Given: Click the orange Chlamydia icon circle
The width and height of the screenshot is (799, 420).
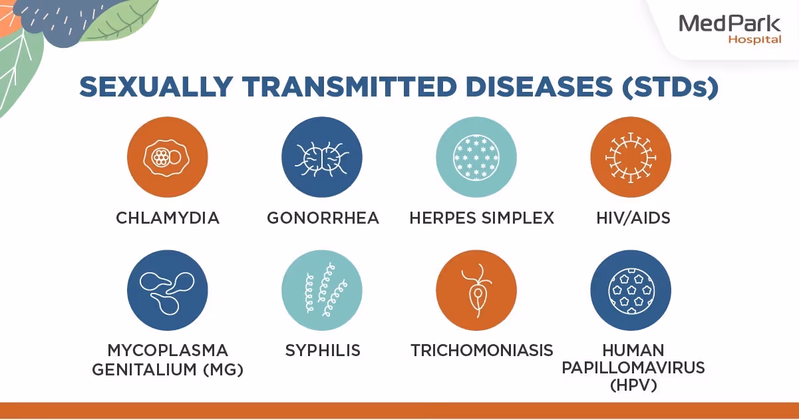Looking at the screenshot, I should point(167,157).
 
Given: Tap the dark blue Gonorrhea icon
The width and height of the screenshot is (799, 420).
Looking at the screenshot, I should point(322,157).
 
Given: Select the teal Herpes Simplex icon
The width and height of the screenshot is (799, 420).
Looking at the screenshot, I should point(476,157).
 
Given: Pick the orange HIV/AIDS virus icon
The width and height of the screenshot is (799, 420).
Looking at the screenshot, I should point(630,157).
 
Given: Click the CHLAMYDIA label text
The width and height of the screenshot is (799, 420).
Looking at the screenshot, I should point(167,218).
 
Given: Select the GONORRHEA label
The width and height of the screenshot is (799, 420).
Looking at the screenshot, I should point(323,218).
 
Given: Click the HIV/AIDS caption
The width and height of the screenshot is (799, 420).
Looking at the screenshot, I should point(630,218).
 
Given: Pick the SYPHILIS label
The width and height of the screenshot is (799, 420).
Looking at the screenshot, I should point(323,350).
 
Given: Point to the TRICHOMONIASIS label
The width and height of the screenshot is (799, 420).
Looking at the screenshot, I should point(482,350).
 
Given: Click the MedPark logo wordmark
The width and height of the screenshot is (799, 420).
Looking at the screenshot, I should point(730,25).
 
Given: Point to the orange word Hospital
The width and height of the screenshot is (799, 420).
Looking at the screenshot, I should point(754,40).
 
